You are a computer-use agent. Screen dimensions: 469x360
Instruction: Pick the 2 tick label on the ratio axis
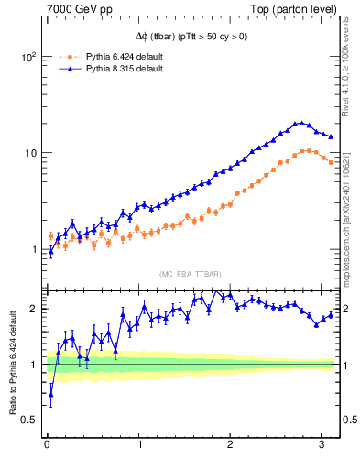tap(33, 309)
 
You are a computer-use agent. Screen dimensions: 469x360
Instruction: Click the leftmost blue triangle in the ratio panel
tap(50, 396)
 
